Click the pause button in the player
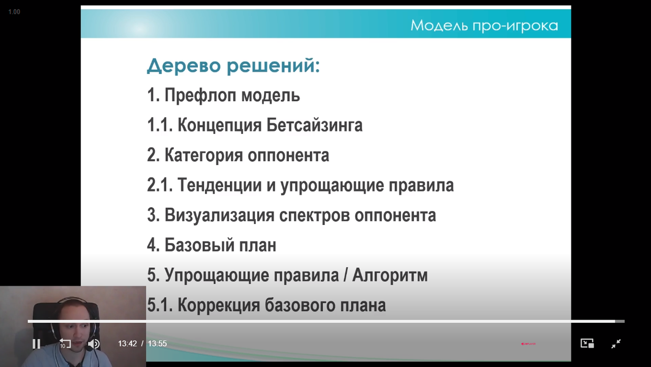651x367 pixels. (36, 344)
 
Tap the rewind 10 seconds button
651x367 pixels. (65, 344)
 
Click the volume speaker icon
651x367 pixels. (94, 344)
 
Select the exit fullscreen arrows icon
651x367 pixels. (616, 344)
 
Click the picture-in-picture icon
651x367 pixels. (587, 344)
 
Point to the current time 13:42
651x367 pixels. (127, 344)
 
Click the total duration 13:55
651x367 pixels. (157, 344)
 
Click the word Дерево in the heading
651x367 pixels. (184, 66)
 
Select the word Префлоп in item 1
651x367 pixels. (200, 95)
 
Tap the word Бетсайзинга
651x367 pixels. (314, 125)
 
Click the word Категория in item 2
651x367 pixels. (204, 155)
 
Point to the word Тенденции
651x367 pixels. (220, 185)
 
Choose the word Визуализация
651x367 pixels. (220, 215)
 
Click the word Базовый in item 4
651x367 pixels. (200, 245)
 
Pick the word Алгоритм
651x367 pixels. (390, 275)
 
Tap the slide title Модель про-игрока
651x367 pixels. (484, 25)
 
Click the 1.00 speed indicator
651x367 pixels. (14, 12)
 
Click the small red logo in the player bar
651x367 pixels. (528, 344)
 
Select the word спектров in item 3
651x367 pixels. (314, 216)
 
